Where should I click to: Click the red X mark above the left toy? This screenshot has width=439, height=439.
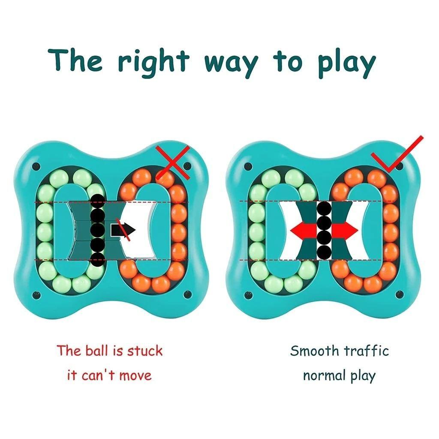click(172, 162)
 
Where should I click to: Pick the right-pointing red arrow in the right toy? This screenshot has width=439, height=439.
click(346, 231)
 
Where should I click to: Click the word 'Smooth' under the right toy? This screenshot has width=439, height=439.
click(314, 350)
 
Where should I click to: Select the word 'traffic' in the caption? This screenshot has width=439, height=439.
click(367, 350)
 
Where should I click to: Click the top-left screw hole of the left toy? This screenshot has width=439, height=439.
click(36, 165)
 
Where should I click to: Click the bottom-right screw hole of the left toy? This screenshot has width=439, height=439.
click(187, 294)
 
